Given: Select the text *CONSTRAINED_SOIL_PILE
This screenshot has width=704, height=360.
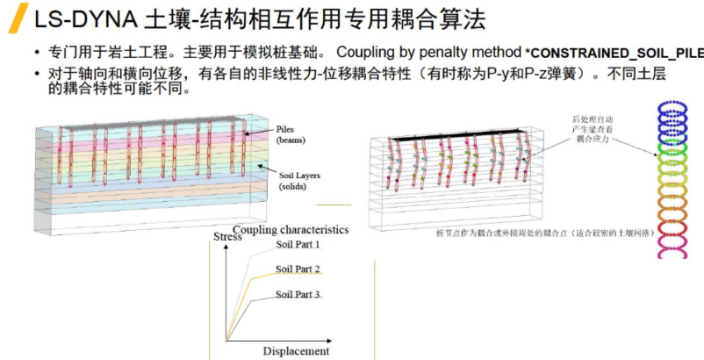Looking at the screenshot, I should [x=614, y=53].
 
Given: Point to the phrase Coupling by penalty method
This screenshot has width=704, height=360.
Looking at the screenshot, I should [x=427, y=52].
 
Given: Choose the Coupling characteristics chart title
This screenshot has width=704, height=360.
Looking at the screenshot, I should [x=291, y=230].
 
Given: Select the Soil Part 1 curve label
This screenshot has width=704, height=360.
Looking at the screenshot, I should [x=298, y=243].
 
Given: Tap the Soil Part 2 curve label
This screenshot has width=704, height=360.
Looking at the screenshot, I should [x=298, y=269].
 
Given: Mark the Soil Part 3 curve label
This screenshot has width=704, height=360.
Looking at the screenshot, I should [x=298, y=294].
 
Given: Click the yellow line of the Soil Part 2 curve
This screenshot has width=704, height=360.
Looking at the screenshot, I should [x=263, y=278].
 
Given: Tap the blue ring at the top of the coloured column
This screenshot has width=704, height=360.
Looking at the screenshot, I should [x=676, y=108].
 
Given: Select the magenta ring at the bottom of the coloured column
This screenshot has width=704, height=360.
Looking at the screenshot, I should [x=676, y=249].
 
